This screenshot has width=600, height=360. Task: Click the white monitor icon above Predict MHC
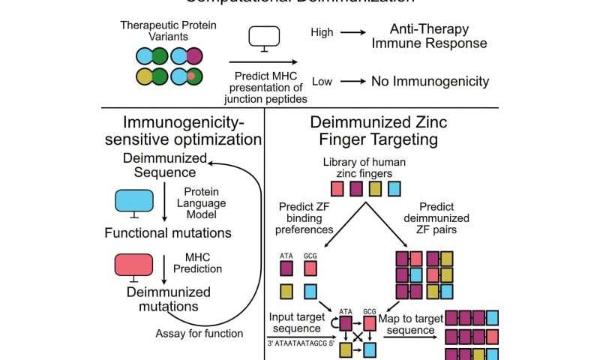click(263, 37)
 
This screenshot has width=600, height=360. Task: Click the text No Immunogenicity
click(430, 80)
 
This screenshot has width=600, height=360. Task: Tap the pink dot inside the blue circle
click(193, 76)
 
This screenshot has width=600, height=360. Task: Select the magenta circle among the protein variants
click(193, 56)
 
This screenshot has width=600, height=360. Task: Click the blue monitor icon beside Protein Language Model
click(133, 202)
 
